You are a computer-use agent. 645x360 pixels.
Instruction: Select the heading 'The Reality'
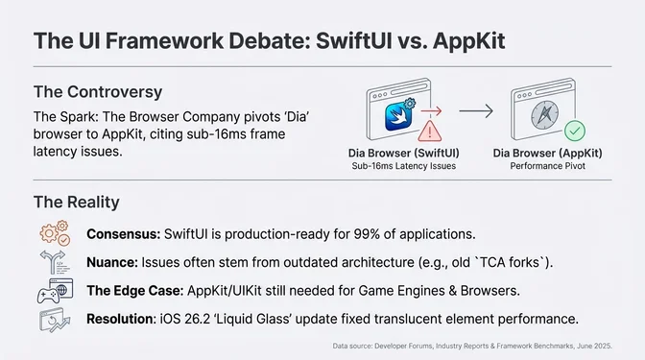tap(76, 202)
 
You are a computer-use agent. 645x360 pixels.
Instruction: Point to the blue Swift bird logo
tap(397, 116)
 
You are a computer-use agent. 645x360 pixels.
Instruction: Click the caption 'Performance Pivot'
tap(546, 167)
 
